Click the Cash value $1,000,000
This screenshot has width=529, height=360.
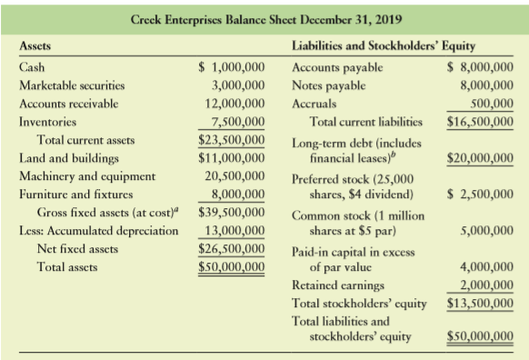[232, 67]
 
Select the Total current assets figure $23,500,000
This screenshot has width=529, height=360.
[232, 140]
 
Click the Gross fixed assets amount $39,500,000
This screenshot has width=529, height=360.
[232, 212]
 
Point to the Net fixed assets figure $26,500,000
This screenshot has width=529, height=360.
[232, 248]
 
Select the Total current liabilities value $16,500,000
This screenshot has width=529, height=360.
[480, 122]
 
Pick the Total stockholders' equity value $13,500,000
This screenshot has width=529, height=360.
[480, 302]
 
